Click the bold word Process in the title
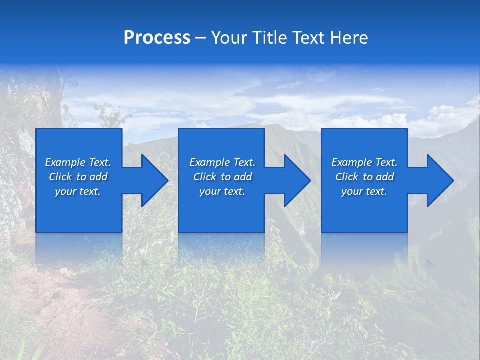157,38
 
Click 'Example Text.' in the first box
78,162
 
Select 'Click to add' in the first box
78,177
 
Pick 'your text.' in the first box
78,191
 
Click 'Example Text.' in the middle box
222,162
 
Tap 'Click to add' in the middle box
222,177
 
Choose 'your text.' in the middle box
222,191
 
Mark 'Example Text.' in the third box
364,162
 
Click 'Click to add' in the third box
364,177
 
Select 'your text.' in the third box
364,191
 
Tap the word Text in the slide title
307,38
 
